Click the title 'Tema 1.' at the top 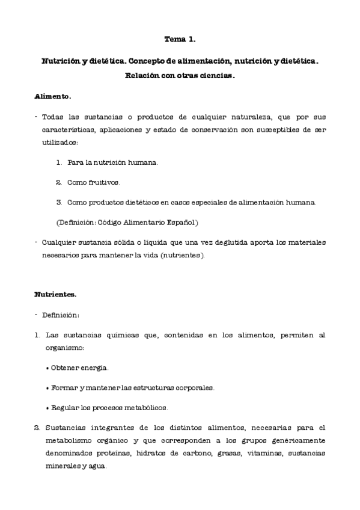180,40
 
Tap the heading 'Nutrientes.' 55,294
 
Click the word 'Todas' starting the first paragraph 54,116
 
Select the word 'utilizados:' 60,143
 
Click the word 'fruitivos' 103,182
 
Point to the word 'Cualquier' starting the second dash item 60,242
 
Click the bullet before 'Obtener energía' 47,367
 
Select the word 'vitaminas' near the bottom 260,453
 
